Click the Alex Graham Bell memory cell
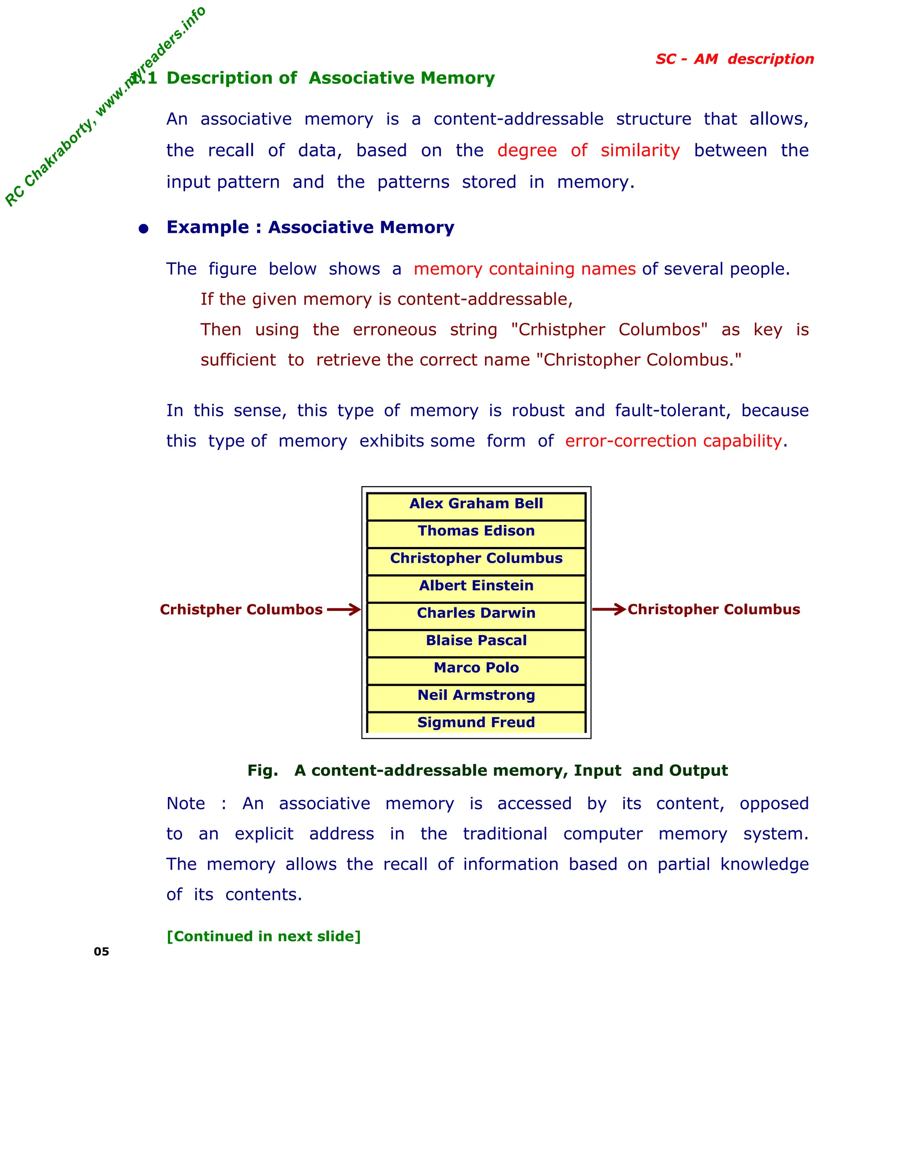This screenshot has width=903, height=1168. tap(476, 504)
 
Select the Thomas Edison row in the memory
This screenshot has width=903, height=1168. tap(476, 532)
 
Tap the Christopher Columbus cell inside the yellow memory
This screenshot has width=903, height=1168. tap(476, 559)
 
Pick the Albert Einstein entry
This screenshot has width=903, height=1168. tap(476, 586)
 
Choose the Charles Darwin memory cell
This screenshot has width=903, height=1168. tap(476, 614)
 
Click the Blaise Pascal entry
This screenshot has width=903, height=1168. tap(476, 641)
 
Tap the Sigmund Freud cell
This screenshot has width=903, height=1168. tap(476, 722)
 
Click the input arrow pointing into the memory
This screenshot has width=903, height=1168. tap(344, 610)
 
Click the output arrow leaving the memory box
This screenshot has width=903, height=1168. tap(609, 609)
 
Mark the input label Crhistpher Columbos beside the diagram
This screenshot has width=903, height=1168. tap(241, 610)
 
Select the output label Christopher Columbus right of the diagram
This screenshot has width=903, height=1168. tap(714, 609)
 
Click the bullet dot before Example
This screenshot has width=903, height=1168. tap(143, 229)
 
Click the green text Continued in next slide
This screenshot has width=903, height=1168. tap(264, 937)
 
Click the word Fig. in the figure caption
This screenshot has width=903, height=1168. tap(263, 770)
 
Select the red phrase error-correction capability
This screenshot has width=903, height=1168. tap(674, 441)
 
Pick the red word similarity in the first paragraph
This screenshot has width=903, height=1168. tap(640, 150)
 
